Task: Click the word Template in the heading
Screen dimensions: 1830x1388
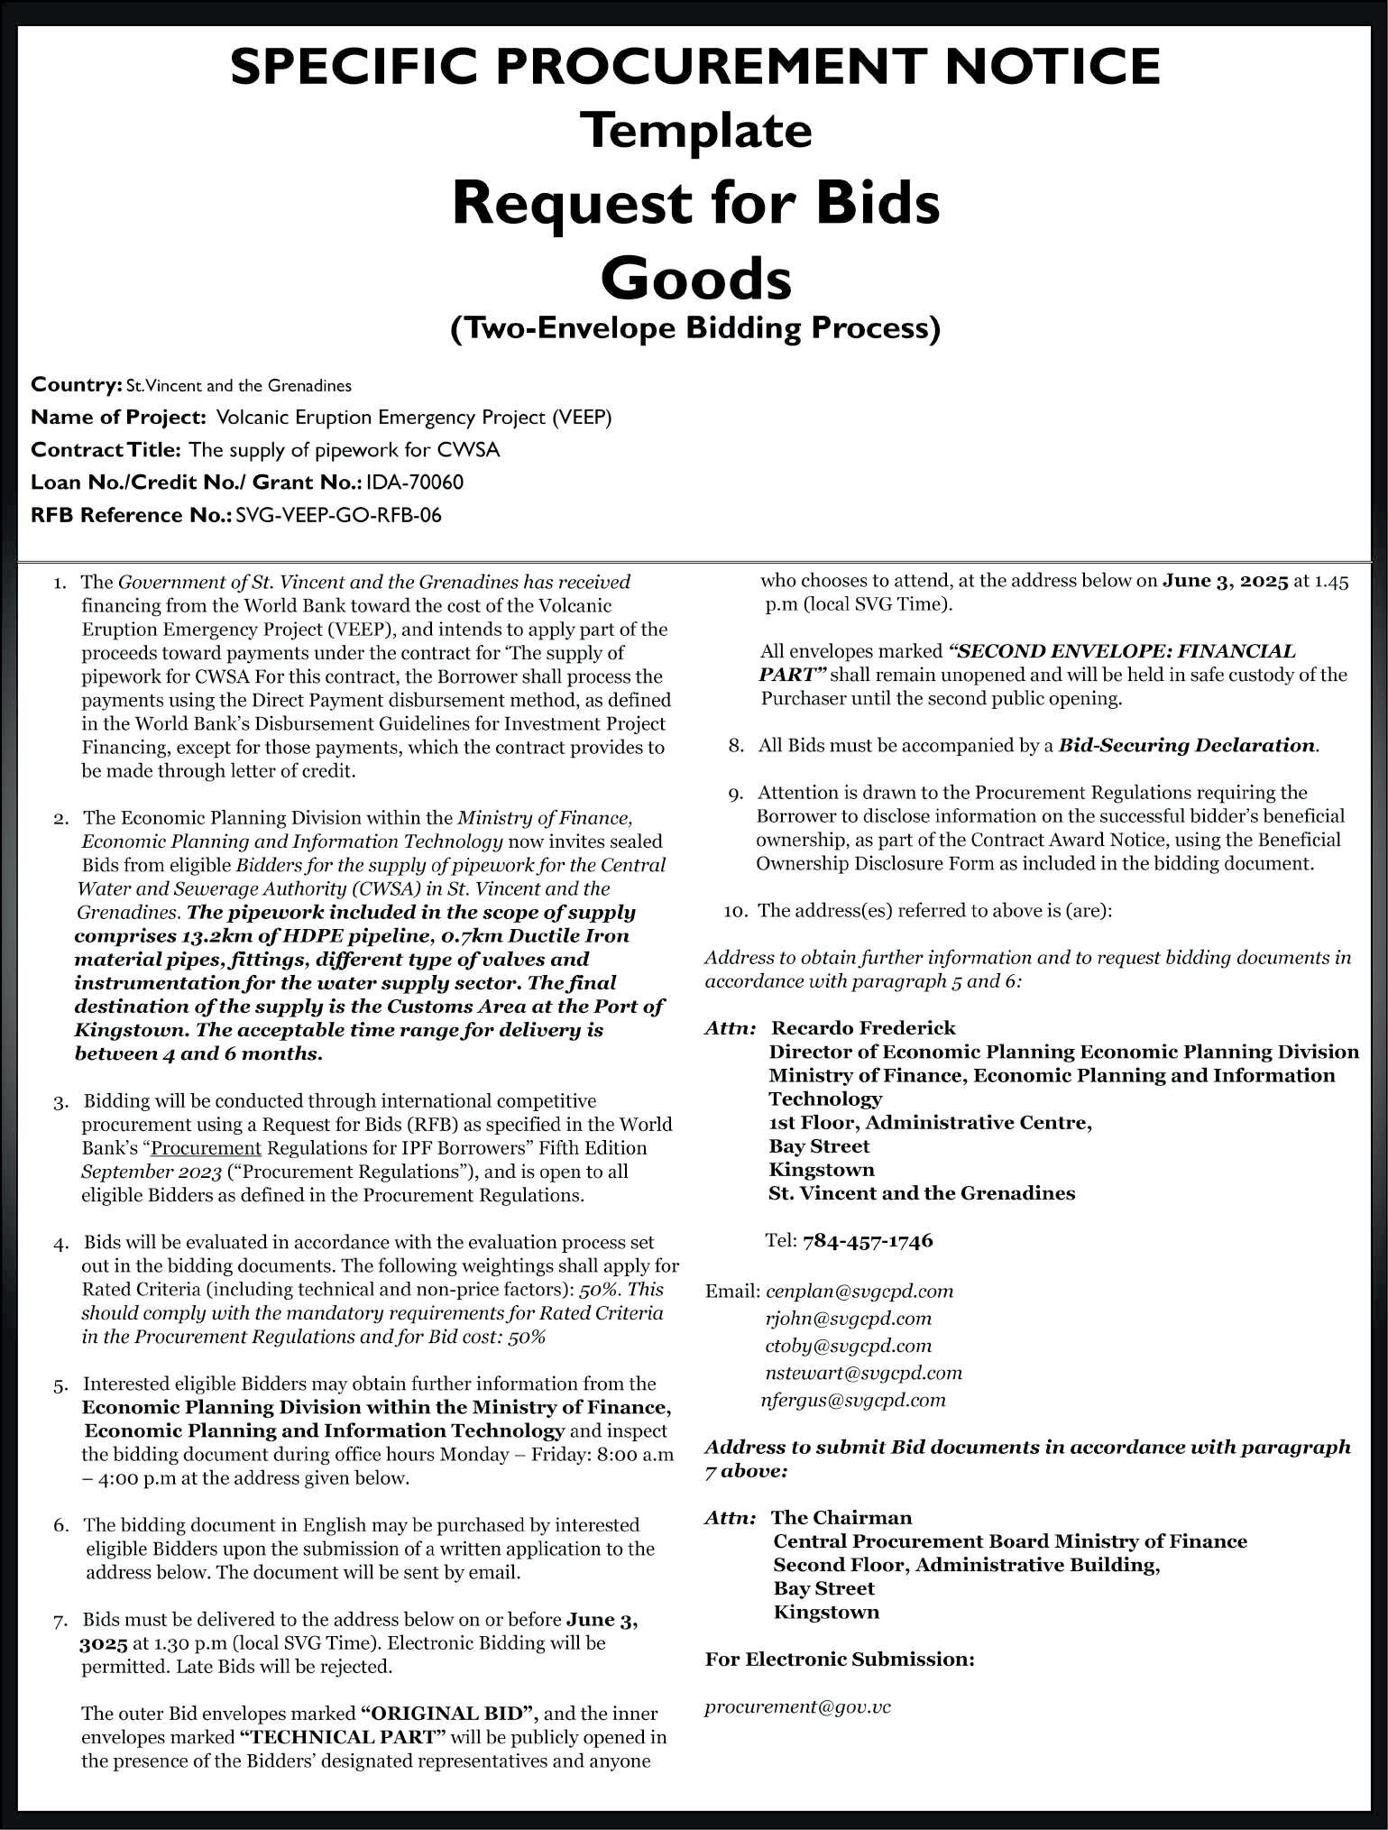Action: [x=700, y=130]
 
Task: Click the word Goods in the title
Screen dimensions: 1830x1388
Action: [x=695, y=279]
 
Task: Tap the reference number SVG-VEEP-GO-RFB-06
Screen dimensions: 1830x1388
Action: [x=338, y=515]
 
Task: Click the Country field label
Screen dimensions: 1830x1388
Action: [x=76, y=385]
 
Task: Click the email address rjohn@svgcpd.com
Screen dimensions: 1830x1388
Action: [x=848, y=1319]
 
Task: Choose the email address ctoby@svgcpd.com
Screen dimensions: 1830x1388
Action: [x=848, y=1346]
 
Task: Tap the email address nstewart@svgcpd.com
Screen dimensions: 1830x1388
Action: [x=863, y=1373]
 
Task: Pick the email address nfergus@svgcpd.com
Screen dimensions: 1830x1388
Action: [x=853, y=1400]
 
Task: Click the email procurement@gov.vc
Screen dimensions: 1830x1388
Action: [x=797, y=1706]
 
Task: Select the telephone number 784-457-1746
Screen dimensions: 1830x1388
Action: [x=868, y=1241]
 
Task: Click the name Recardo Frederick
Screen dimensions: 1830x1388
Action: [x=863, y=1028]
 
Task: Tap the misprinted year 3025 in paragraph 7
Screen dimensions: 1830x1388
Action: [x=103, y=1642]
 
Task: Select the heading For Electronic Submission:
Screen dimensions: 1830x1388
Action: [x=839, y=1659]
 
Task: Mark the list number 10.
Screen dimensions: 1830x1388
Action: [x=736, y=911]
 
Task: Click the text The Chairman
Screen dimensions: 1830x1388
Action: [x=841, y=1517]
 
